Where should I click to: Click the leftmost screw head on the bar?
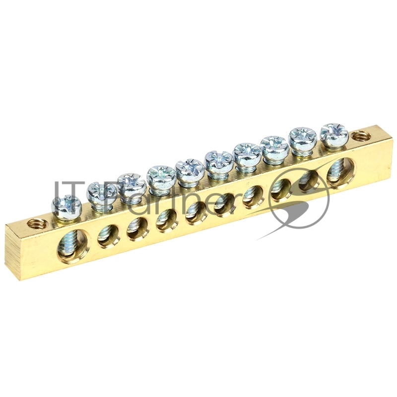coord(66,207)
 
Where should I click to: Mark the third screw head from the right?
coord(275,148)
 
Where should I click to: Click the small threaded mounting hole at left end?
coord(37,224)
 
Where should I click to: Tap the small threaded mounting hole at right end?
coord(360,138)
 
